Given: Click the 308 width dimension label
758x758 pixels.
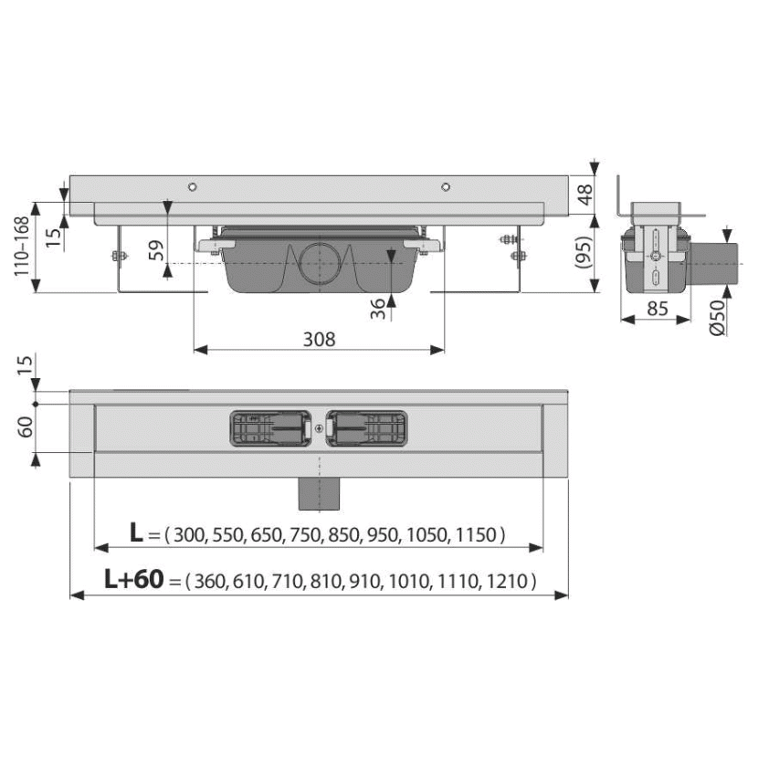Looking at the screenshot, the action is pyautogui.click(x=319, y=340).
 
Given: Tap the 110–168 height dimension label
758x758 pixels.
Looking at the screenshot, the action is pyautogui.click(x=21, y=247).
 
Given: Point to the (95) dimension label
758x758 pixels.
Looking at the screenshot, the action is pyautogui.click(x=584, y=252).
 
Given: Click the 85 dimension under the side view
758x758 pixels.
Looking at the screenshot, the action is pyautogui.click(x=658, y=308).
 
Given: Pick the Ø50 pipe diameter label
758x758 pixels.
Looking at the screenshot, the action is pyautogui.click(x=718, y=317).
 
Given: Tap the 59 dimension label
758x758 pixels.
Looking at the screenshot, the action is pyautogui.click(x=156, y=250).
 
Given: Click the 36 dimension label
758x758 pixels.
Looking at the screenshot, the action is pyautogui.click(x=377, y=309).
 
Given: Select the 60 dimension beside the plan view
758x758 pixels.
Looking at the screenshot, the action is pyautogui.click(x=25, y=426).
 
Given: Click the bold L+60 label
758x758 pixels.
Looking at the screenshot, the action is pyautogui.click(x=134, y=579).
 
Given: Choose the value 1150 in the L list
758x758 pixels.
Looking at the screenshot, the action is pyautogui.click(x=476, y=534).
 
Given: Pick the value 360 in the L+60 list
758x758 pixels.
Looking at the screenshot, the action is pyautogui.click(x=210, y=581).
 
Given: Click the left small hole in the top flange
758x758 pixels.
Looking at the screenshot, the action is pyautogui.click(x=193, y=187).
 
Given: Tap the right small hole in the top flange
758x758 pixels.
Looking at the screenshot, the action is pyautogui.click(x=446, y=187).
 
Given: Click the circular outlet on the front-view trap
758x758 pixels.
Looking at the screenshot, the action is pyautogui.click(x=319, y=262).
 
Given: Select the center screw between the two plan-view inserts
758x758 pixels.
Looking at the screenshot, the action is pyautogui.click(x=319, y=428).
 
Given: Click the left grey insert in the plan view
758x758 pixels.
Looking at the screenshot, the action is pyautogui.click(x=270, y=428).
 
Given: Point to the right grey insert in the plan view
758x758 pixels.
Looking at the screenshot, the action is pyautogui.click(x=366, y=428).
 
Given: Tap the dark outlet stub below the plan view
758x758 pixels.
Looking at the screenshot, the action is pyautogui.click(x=319, y=493).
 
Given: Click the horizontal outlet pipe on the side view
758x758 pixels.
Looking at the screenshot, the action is pyautogui.click(x=713, y=263).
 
